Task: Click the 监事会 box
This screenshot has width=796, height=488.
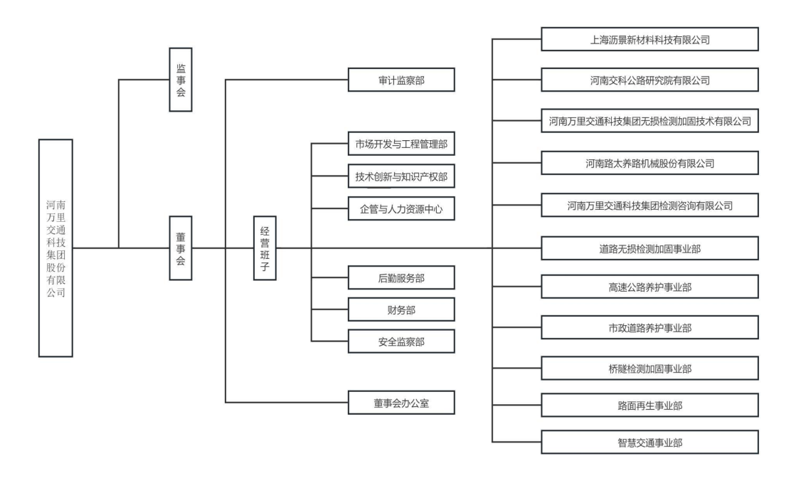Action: coord(181,80)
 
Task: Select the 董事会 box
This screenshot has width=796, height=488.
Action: coord(181,248)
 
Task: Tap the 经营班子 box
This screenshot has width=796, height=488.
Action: coord(265,248)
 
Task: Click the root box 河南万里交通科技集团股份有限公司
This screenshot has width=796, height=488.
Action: coord(55,248)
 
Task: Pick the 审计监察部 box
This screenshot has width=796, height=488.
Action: coord(401,80)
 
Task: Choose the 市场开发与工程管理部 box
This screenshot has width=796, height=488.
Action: coord(401,144)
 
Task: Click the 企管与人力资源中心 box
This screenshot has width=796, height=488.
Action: coord(401,208)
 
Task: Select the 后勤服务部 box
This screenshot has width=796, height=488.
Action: coord(401,277)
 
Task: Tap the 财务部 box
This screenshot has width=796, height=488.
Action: coord(401,309)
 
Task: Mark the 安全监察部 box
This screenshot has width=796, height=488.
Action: coord(401,341)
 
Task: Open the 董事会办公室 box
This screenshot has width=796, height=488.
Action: coord(401,403)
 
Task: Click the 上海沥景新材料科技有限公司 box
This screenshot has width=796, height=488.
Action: coord(649,39)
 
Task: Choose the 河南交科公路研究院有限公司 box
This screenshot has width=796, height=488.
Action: coord(649,80)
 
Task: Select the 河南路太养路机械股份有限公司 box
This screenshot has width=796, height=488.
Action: coord(649,163)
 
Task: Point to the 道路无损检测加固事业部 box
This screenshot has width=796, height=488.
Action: coord(649,248)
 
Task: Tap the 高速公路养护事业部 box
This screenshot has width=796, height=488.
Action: coord(649,287)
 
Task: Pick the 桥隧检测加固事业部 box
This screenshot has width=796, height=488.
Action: coord(649,368)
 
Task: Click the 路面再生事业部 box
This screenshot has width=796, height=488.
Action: coord(649,405)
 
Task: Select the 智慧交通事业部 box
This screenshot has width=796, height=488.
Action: coord(649,442)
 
